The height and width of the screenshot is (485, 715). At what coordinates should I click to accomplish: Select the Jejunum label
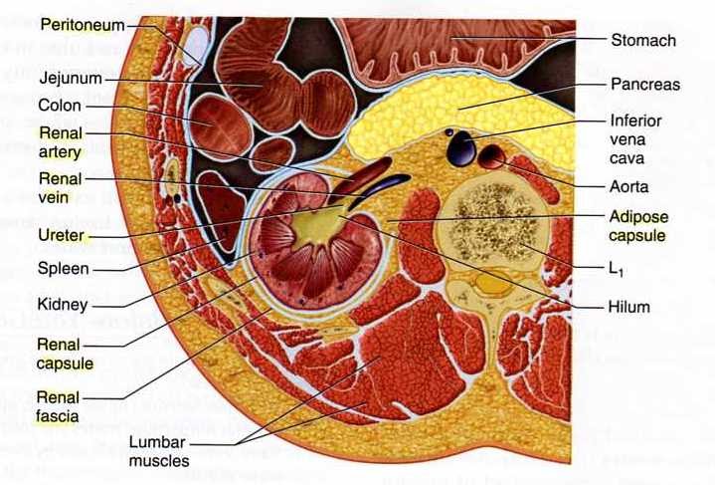[69, 77]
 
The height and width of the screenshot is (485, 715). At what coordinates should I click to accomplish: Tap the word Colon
[59, 104]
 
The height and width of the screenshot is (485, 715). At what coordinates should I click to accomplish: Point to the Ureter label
[62, 237]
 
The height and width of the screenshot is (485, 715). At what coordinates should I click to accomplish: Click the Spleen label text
[64, 268]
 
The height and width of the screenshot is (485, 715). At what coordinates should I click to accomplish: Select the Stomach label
[642, 41]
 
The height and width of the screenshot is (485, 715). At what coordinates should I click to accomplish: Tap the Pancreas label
[645, 85]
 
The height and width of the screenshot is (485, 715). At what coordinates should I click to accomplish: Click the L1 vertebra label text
[626, 269]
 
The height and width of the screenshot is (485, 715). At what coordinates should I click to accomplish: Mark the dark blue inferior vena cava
[462, 148]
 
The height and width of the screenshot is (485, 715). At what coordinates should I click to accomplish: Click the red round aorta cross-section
[492, 157]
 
